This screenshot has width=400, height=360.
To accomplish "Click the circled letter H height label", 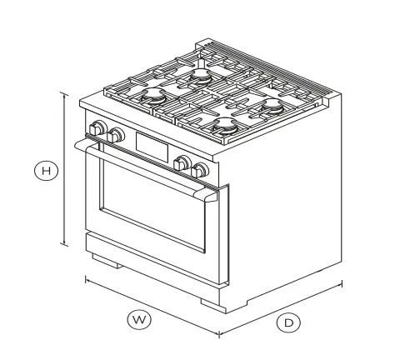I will (47, 171).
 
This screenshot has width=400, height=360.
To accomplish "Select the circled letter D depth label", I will (287, 322).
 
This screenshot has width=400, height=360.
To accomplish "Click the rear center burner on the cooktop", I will (201, 76).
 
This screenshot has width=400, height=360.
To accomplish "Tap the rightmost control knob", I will (199, 171).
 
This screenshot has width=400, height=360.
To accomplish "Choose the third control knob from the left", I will (182, 164).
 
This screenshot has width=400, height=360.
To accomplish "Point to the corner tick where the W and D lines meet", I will (219, 334).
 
